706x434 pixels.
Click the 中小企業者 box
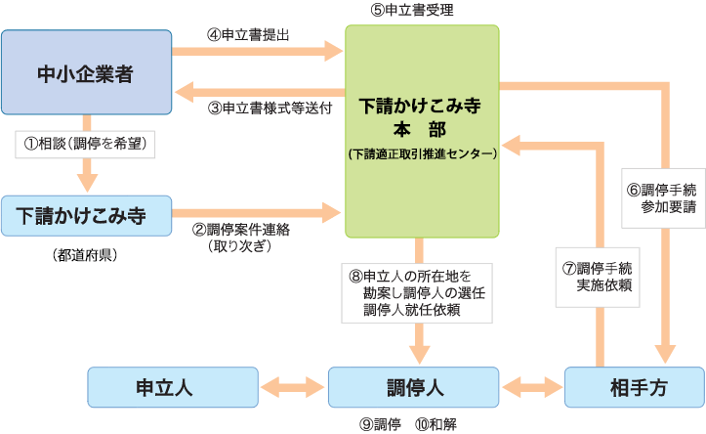click(x=86, y=72)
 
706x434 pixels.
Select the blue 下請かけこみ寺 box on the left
click(x=86, y=216)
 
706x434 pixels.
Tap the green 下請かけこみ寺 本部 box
click(x=422, y=130)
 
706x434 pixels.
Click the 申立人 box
click(x=173, y=387)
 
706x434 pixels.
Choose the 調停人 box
click(x=414, y=387)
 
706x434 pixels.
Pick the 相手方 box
click(x=634, y=387)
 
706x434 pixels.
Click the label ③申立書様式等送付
click(x=270, y=108)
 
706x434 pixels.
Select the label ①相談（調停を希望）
click(x=86, y=144)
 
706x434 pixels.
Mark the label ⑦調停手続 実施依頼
click(x=596, y=276)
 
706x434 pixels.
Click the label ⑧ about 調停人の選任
click(x=414, y=292)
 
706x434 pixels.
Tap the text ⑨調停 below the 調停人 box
click(x=381, y=423)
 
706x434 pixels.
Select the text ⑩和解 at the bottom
click(x=436, y=423)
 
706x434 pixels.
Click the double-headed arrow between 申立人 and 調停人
click(x=293, y=387)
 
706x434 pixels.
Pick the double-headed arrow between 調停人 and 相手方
click(x=532, y=387)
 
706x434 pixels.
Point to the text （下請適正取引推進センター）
click(x=422, y=153)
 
